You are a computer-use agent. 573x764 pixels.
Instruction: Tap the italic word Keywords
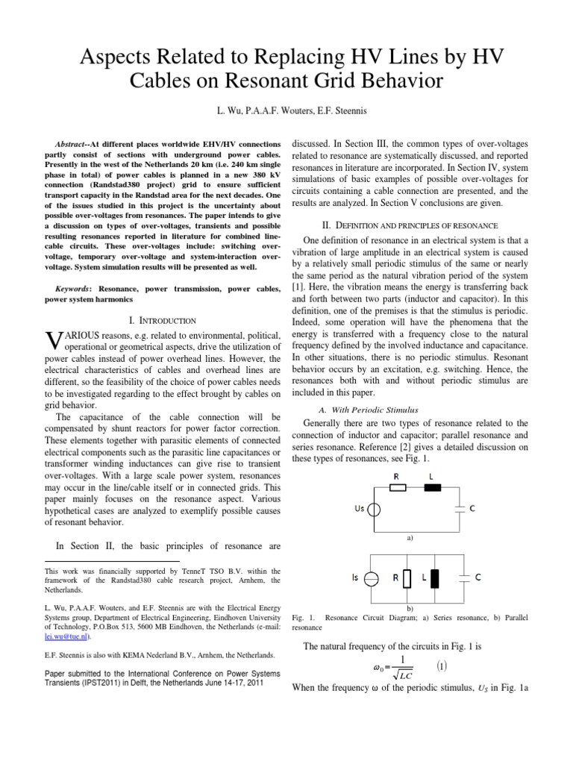[78, 287]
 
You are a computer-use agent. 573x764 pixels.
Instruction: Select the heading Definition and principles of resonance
[412, 225]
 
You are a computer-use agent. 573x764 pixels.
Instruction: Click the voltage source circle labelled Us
[376, 510]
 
